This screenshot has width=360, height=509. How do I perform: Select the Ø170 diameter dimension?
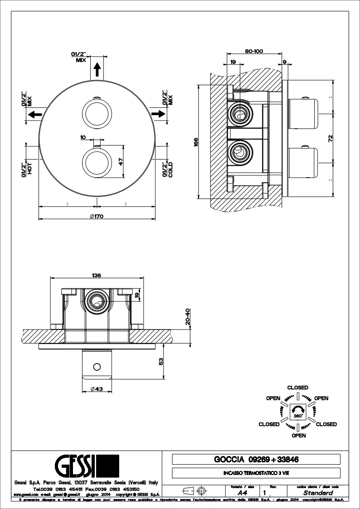tap(97, 216)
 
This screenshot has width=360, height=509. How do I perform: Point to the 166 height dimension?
tap(195, 141)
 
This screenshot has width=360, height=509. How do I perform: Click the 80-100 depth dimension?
tap(254, 51)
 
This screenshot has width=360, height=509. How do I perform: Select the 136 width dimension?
tap(96, 275)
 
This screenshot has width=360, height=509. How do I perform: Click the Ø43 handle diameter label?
tap(96, 388)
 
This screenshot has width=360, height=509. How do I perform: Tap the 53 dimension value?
tap(161, 361)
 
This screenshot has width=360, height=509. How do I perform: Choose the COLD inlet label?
tap(170, 170)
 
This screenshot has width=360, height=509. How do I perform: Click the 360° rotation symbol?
tap(297, 412)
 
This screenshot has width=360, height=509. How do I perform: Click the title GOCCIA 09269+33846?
tap(256, 460)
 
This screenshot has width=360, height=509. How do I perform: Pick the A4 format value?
tap(243, 493)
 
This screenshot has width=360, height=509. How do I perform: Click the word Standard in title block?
tap(318, 493)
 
